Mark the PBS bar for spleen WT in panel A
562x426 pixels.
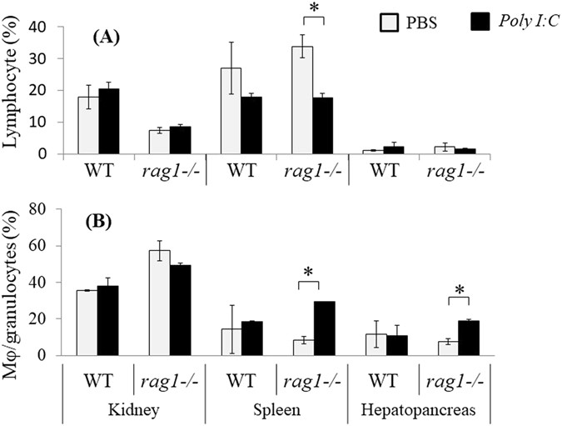click(231, 111)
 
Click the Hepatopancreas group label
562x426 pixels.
click(418, 412)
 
